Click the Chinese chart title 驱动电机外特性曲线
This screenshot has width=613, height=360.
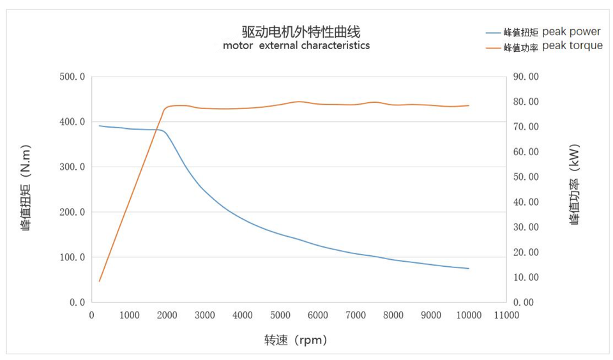[x=296, y=31]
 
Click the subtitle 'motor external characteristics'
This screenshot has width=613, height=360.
[x=296, y=46]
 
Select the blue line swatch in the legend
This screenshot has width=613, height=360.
[x=494, y=32]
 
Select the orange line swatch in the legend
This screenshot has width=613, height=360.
[x=494, y=47]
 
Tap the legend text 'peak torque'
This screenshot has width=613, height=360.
[x=572, y=46]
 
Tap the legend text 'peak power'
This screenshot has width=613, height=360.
[x=571, y=31]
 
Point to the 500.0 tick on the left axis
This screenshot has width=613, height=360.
[x=72, y=77]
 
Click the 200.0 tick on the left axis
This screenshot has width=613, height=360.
[x=72, y=212]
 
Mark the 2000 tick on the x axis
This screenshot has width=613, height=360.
[x=167, y=315]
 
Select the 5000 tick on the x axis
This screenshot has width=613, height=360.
[x=280, y=315]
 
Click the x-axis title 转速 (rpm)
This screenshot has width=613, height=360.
[x=296, y=340]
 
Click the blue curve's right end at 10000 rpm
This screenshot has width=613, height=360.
[x=469, y=268]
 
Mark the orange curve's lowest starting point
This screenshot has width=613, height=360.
[x=100, y=281]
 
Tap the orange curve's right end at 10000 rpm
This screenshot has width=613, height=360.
[x=469, y=105]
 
